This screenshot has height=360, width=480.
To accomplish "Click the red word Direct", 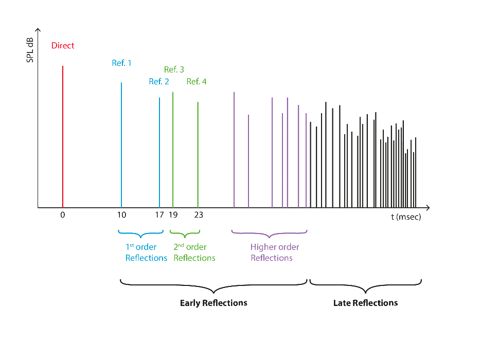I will pos(63,46).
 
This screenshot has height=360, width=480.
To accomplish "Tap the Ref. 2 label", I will pos(159,81).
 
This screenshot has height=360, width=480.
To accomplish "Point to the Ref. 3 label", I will pos(174,69).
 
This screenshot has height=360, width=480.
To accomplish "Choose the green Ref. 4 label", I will pos(197,81).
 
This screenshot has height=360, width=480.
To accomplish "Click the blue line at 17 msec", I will pos(159,152).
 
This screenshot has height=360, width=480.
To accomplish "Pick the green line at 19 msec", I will pos(173,149).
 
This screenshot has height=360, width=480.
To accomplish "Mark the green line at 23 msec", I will pos(198,154).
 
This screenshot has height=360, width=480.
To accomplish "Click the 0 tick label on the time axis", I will pos(63,215).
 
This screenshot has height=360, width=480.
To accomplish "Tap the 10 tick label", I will pos(121,215).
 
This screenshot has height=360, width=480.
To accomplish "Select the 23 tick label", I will pos(198,215).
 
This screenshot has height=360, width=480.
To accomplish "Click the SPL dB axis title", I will pos(30,50).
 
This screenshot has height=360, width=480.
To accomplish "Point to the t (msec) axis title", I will pos(405,217).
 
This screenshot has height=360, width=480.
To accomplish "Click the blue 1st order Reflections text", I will pos(146,253).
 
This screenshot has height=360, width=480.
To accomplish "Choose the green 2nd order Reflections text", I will pos(194,253).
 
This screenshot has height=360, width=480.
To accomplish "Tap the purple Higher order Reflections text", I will pos(274,253).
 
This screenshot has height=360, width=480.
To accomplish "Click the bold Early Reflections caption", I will pos(214,303).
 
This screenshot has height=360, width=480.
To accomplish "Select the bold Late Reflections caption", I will pos(365,303).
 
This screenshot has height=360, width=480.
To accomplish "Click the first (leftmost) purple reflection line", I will pos(234,149).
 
